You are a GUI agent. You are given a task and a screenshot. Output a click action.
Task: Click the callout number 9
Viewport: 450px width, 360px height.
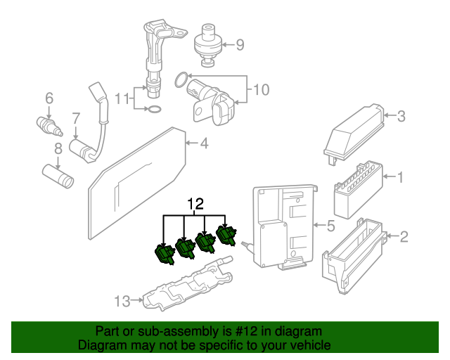point(240,46)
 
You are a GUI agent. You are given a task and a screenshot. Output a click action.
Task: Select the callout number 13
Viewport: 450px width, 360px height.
point(122,302)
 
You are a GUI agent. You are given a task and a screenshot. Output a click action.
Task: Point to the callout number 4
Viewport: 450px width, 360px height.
point(204,144)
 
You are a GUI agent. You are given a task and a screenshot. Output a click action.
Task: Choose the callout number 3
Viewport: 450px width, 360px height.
point(401,117)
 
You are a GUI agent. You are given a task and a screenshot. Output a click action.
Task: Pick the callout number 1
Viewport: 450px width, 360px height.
point(401,177)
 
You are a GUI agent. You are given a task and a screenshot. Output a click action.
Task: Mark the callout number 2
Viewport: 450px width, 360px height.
point(403,237)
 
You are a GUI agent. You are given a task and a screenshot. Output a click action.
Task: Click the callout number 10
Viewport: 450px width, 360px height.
point(261,89)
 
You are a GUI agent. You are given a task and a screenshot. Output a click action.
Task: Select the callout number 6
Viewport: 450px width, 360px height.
point(49,98)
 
